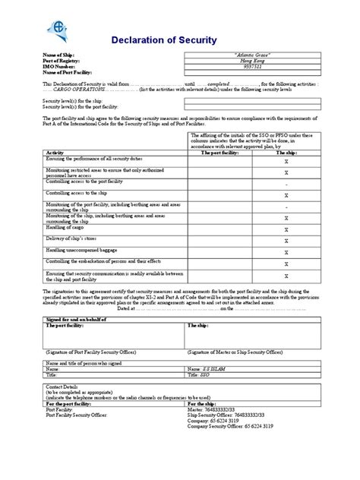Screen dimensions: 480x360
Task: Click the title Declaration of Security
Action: click(164, 39)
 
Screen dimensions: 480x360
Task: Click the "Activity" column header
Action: click(55, 152)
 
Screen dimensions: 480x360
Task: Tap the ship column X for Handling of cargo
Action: click(286, 229)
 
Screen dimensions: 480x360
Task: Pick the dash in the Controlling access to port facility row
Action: click(286, 185)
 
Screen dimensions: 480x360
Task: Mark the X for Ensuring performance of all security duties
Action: click(286, 162)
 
